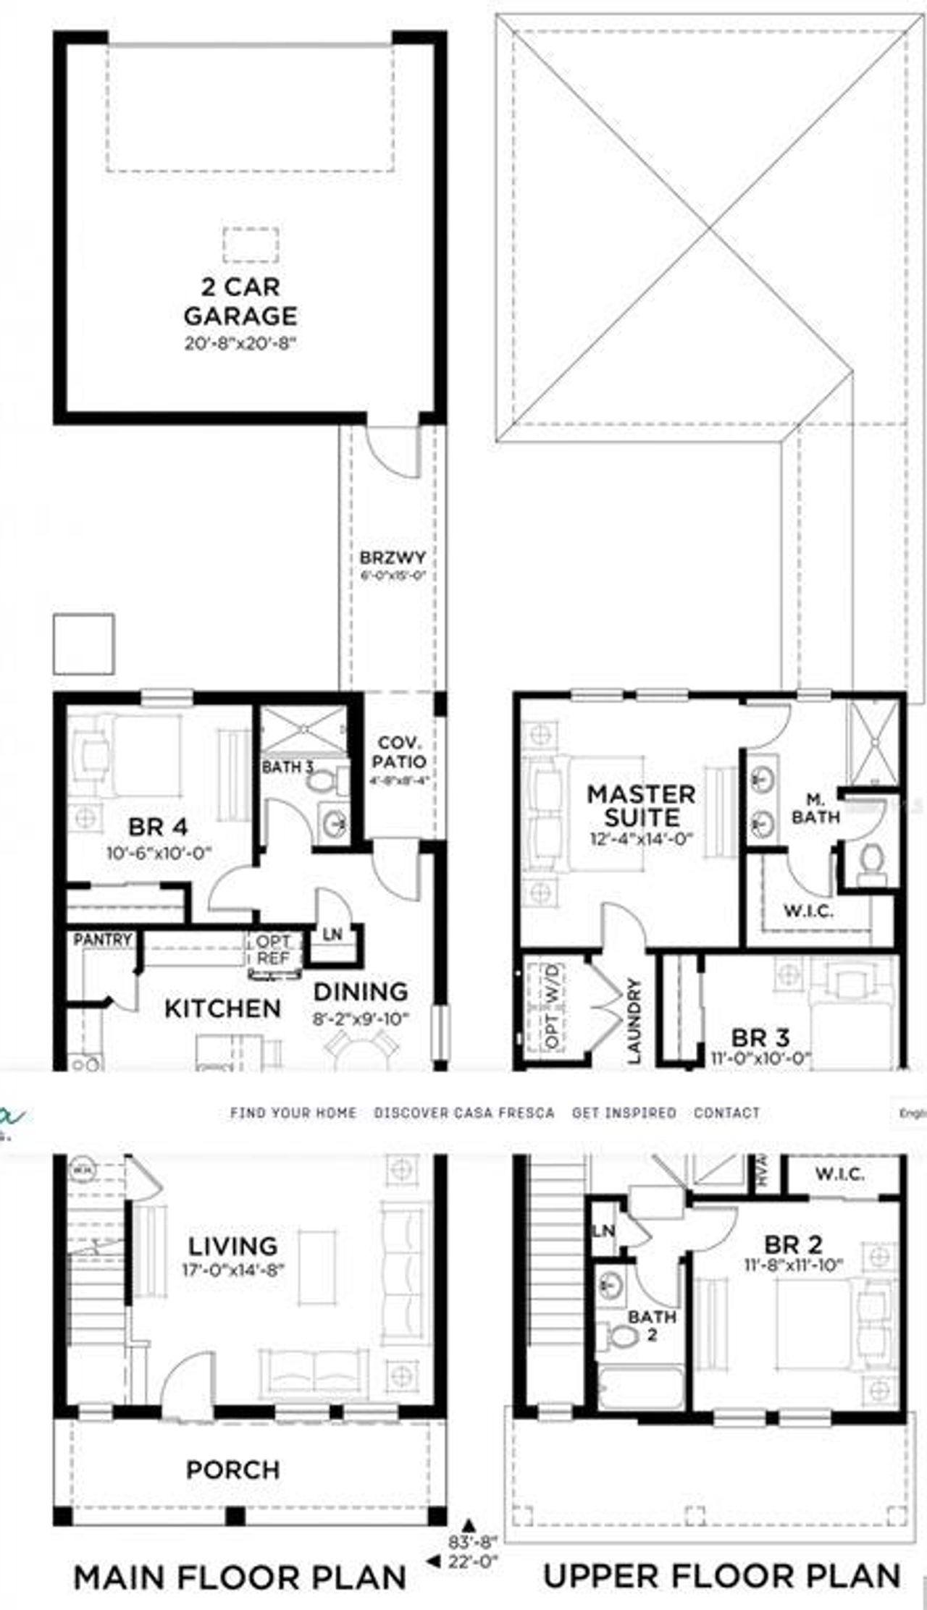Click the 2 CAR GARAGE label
click(240, 301)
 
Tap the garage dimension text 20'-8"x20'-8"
click(240, 342)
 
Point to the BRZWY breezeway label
click(393, 559)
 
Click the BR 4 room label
click(158, 827)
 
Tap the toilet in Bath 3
click(319, 782)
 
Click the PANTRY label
click(103, 940)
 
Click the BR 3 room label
click(760, 1037)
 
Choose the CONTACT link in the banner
click(726, 1112)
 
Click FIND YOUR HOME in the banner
click(293, 1112)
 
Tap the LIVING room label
click(232, 1246)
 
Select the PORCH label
click(232, 1470)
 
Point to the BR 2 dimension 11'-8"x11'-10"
click(794, 1265)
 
